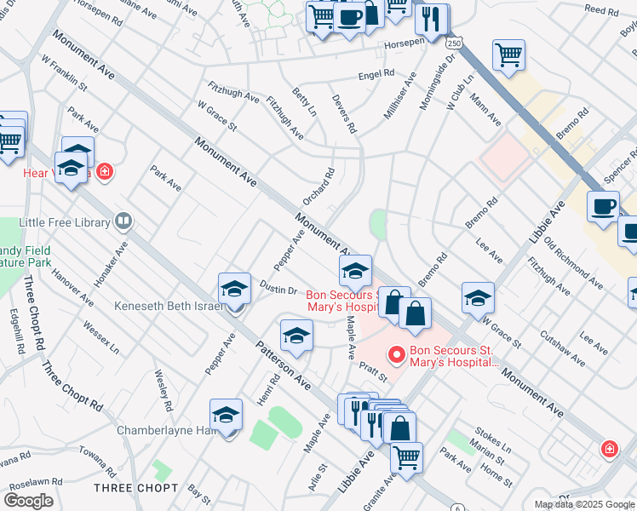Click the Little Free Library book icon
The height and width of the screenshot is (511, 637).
(x=124, y=222)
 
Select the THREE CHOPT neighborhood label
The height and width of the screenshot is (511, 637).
(x=136, y=488)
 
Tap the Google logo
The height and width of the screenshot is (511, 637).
(x=29, y=501)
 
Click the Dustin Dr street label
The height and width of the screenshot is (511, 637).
(x=278, y=290)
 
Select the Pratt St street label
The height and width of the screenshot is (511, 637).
(x=373, y=371)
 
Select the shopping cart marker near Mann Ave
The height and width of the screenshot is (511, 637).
(x=508, y=55)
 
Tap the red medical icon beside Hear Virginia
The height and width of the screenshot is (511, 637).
(x=104, y=172)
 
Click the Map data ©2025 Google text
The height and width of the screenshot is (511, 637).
(x=585, y=504)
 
